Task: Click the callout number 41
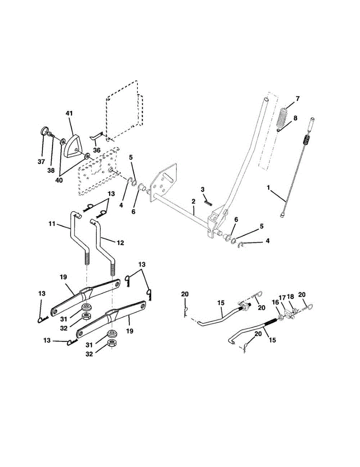pos(69,113)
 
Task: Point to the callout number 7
pos(297,98)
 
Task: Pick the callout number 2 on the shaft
pos(193,201)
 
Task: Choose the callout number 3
pos(202,189)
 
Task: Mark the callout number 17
pos(283,297)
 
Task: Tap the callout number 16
pos(275,302)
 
